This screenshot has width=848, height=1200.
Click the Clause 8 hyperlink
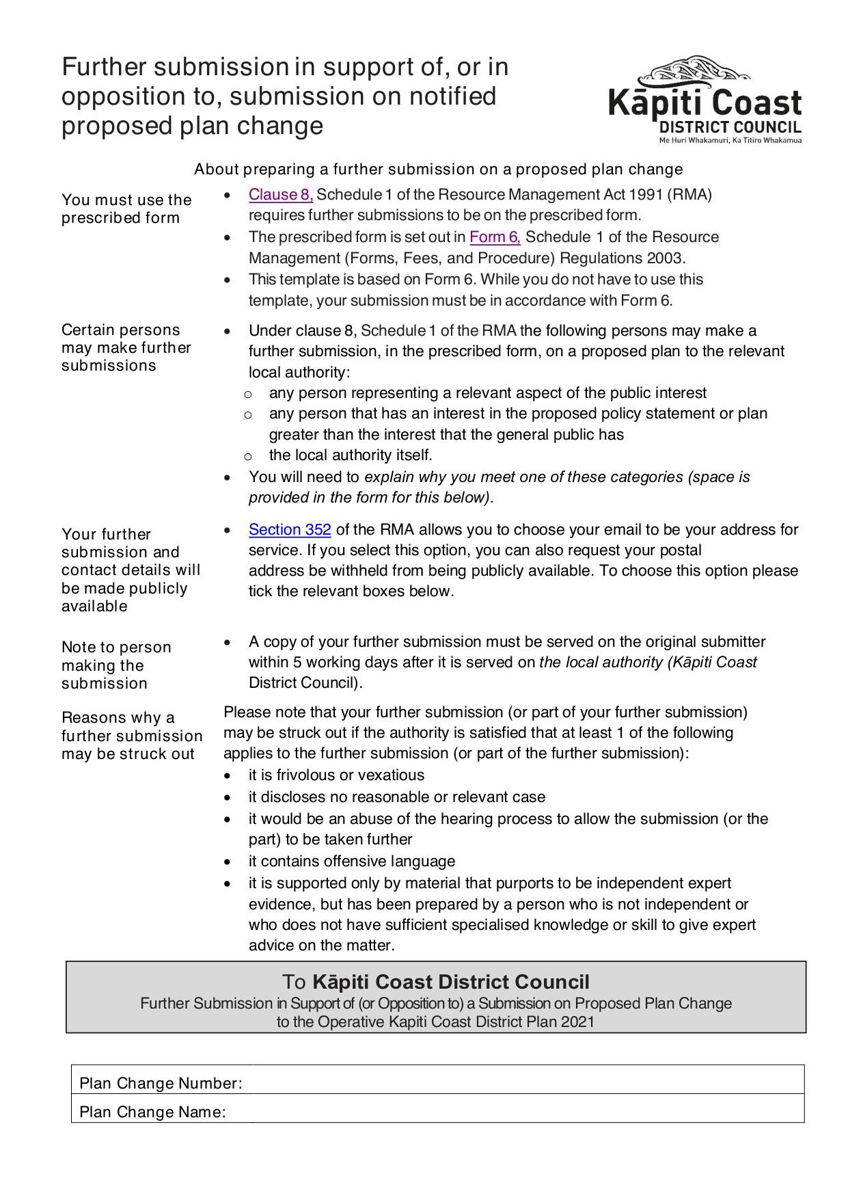pyautogui.click(x=280, y=195)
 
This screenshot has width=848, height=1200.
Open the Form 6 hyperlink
pyautogui.click(x=495, y=237)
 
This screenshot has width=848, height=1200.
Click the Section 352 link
pyautogui.click(x=290, y=530)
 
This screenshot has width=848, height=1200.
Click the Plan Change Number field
pyautogui.click(x=523, y=1083)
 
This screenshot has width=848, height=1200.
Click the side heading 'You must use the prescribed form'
pyautogui.click(x=126, y=209)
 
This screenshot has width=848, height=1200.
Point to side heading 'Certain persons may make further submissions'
pyautogui.click(x=126, y=347)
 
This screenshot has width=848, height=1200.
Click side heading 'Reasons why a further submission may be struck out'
pyautogui.click(x=131, y=736)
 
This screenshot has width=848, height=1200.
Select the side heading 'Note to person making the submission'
pyautogui.click(x=116, y=665)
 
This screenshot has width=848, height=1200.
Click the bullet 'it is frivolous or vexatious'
pyautogui.click(x=336, y=775)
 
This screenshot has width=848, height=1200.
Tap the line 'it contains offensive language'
pyautogui.click(x=351, y=862)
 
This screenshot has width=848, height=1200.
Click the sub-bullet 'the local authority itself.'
pyautogui.click(x=351, y=455)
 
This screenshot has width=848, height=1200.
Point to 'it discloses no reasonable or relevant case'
pyautogui.click(x=396, y=797)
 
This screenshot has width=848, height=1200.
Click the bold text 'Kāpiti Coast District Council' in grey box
pyautogui.click(x=450, y=983)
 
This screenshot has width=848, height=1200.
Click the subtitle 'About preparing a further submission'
pyautogui.click(x=438, y=169)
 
